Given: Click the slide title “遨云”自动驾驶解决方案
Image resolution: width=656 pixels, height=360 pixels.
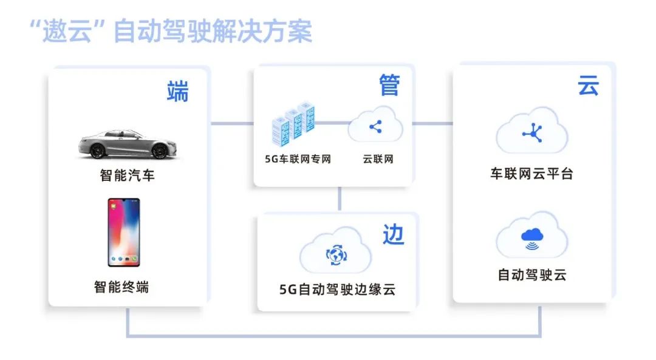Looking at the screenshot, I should pos(171,32).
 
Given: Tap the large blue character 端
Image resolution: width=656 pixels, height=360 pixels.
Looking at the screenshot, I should pos(177,92).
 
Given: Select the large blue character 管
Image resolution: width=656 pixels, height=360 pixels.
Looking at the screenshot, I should pos(389,86).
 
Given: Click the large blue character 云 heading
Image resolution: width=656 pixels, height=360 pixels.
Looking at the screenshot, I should pos(589,86).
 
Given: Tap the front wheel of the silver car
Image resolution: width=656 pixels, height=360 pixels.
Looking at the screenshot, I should pos(159,151).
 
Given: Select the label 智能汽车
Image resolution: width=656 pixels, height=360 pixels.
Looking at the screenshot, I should pos(127,176).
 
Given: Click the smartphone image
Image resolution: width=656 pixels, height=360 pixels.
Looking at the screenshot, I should pos(124,233).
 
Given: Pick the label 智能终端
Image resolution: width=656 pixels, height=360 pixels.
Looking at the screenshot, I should pos(121,287).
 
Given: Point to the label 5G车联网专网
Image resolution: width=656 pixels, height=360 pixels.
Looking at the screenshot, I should pos(298,160).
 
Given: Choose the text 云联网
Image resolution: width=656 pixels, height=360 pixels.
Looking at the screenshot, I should pos(378,160).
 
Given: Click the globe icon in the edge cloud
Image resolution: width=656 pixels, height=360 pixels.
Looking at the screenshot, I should pos(335,255).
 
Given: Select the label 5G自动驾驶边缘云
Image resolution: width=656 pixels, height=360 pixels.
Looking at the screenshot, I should pos(337,290).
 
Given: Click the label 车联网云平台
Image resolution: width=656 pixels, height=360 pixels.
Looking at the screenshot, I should pos(531,173).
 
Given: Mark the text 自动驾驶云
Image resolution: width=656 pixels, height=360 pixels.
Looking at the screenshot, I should pos(531,275).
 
